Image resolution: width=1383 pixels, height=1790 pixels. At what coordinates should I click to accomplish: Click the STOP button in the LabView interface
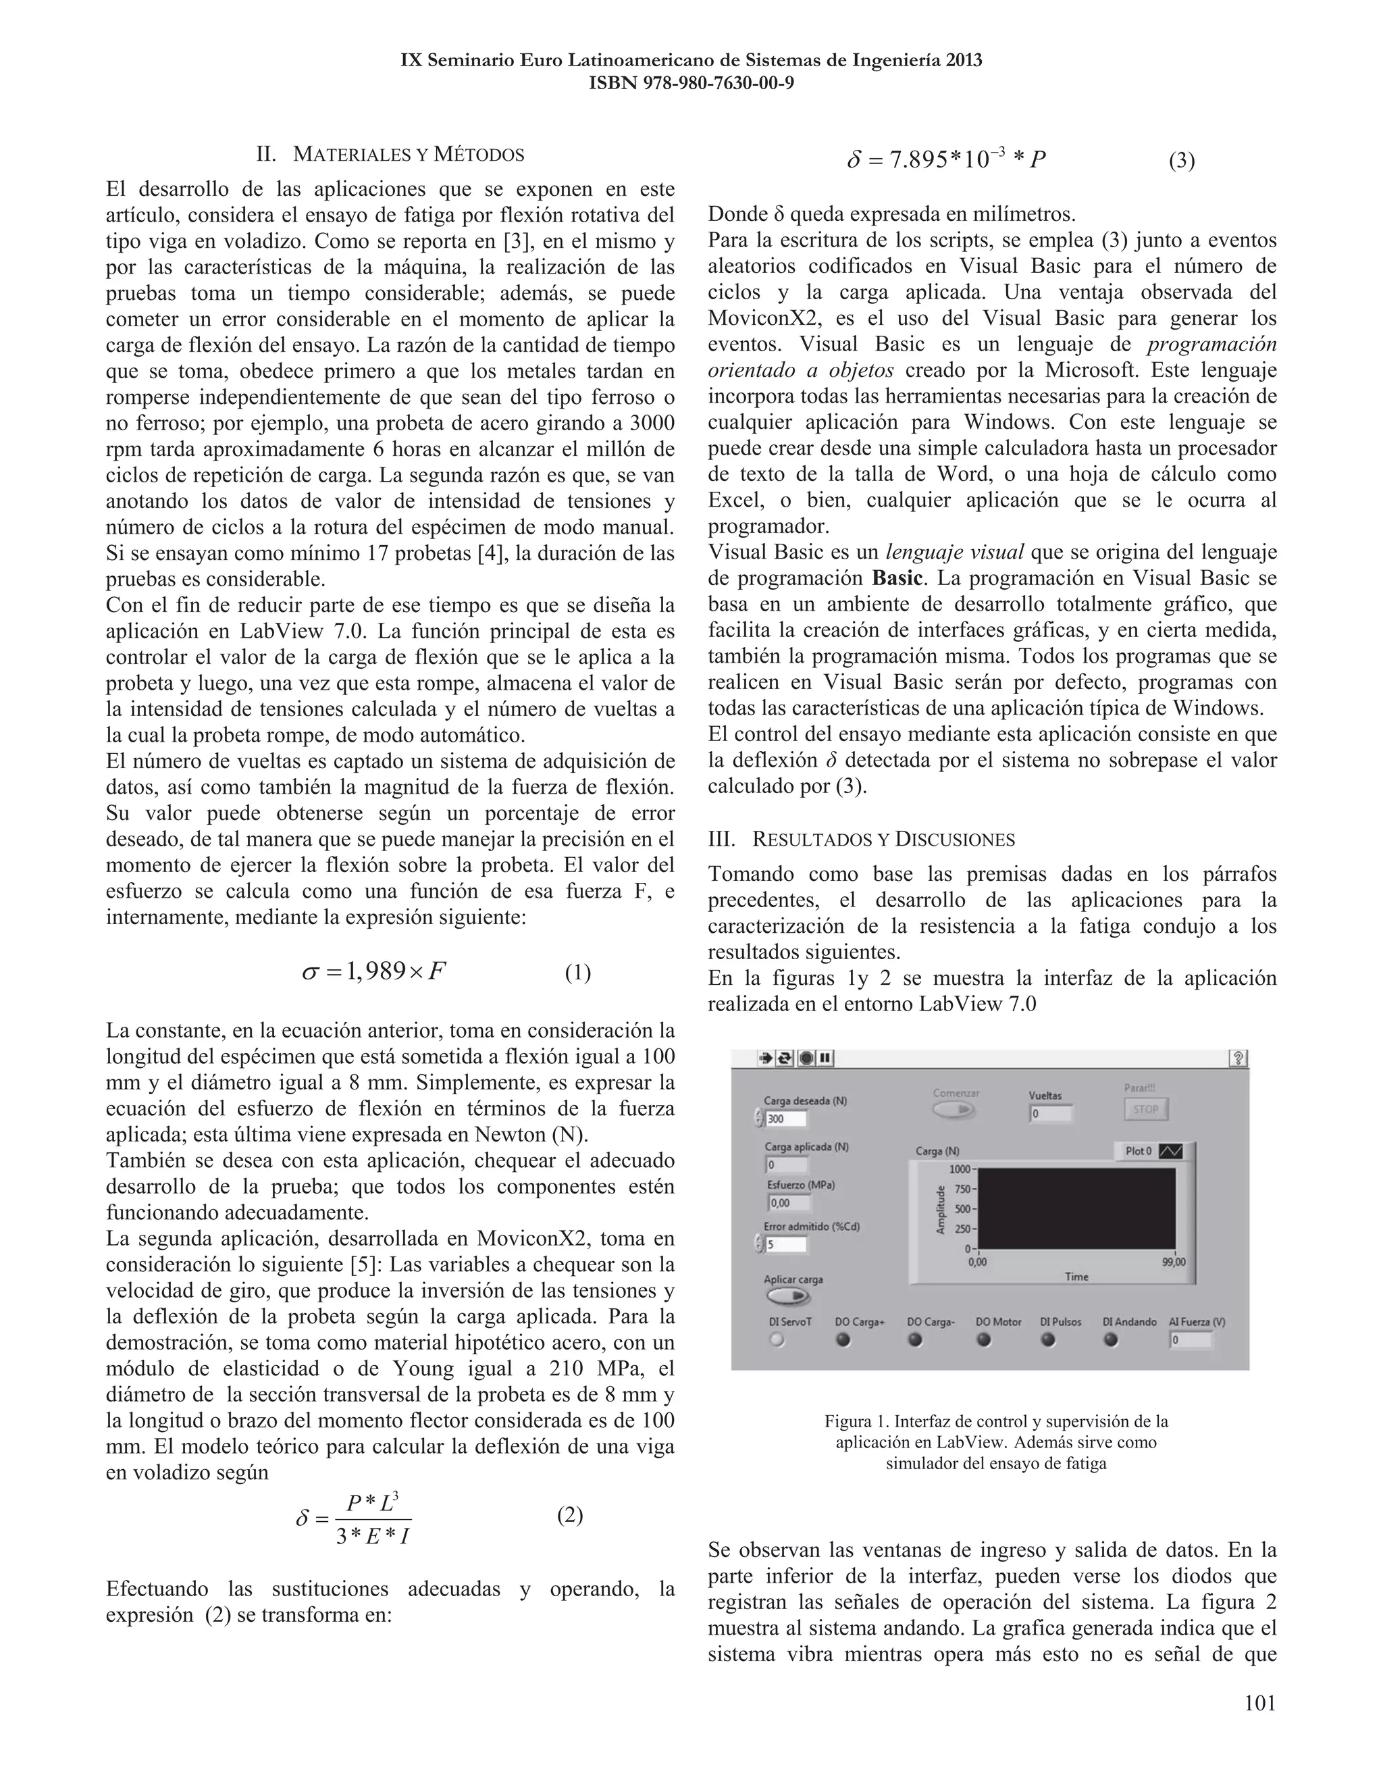coord(1145,1109)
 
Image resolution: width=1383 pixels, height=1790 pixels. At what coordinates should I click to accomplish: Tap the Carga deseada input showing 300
coord(787,1119)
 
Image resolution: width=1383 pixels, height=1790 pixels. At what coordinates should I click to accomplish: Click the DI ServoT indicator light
coord(777,1340)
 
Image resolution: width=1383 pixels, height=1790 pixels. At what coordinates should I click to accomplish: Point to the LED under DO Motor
coord(984,1340)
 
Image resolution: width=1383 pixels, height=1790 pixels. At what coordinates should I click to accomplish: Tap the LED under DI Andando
coord(1111,1340)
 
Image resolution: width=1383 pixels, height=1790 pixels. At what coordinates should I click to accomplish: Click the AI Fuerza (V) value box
coord(1191,1340)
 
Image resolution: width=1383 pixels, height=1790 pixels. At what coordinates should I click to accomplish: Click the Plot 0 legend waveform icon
coord(1172,1152)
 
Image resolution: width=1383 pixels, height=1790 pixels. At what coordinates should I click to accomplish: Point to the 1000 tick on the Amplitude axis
coord(960,1169)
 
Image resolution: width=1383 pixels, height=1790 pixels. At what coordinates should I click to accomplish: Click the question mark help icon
coord(1238,1058)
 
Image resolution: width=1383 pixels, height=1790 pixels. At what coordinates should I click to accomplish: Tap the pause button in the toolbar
coord(825,1058)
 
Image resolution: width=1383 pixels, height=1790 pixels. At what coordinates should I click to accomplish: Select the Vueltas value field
coord(1049,1114)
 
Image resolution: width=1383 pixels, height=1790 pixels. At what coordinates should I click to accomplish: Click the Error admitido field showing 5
coord(787,1244)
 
